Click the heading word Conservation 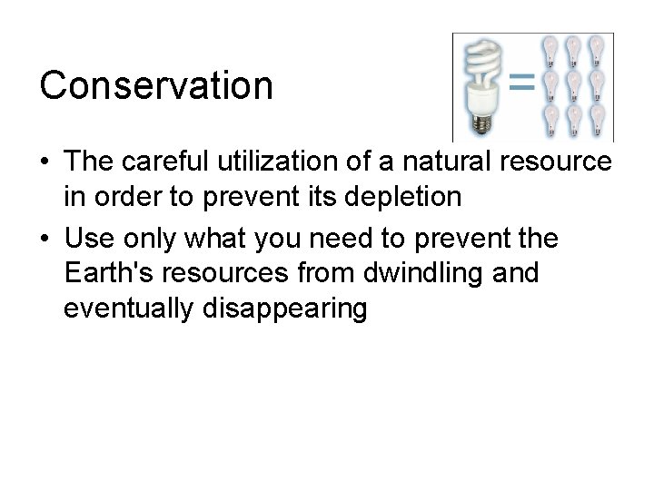(x=155, y=86)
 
